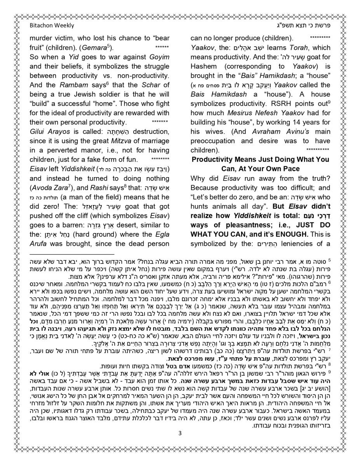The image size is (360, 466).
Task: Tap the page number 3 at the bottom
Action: coord(180,433)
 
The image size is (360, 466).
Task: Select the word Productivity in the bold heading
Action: coord(215,160)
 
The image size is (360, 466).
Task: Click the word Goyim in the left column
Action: coord(159,57)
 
